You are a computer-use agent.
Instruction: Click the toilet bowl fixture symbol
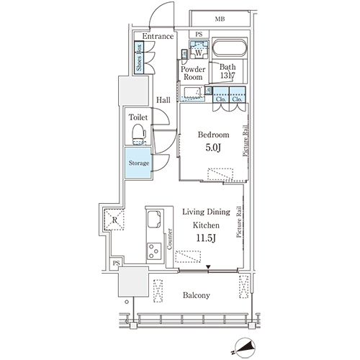pyautogui.click(x=139, y=135)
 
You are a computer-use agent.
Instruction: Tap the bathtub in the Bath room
pyautogui.click(x=230, y=48)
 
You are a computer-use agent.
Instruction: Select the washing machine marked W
pyautogui.click(x=199, y=50)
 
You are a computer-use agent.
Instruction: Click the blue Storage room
pyautogui.click(x=138, y=163)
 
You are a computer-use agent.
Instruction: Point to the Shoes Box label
pyautogui.click(x=139, y=58)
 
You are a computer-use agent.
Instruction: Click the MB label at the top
pyautogui.click(x=220, y=19)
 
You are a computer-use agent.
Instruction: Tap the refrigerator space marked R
pyautogui.click(x=114, y=220)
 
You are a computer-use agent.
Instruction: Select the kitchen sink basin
pyautogui.click(x=154, y=219)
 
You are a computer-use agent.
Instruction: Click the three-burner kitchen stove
pyautogui.click(x=154, y=251)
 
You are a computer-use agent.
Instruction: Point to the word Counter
pyautogui.click(x=169, y=239)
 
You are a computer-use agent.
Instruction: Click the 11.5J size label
pyautogui.click(x=206, y=238)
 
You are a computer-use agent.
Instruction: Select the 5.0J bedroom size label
pyautogui.click(x=213, y=148)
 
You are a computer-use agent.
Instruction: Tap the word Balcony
pyautogui.click(x=197, y=295)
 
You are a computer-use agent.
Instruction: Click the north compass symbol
pyautogui.click(x=245, y=348)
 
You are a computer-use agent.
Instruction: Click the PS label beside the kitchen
pyautogui.click(x=116, y=264)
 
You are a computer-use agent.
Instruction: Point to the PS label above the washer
pyautogui.click(x=199, y=35)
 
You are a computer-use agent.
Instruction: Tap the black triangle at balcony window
pyautogui.click(x=208, y=267)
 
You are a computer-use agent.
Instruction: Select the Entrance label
pyautogui.click(x=158, y=36)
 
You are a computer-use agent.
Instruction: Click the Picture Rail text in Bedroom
pyautogui.click(x=246, y=140)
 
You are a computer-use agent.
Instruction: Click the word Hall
pyautogui.click(x=163, y=100)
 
